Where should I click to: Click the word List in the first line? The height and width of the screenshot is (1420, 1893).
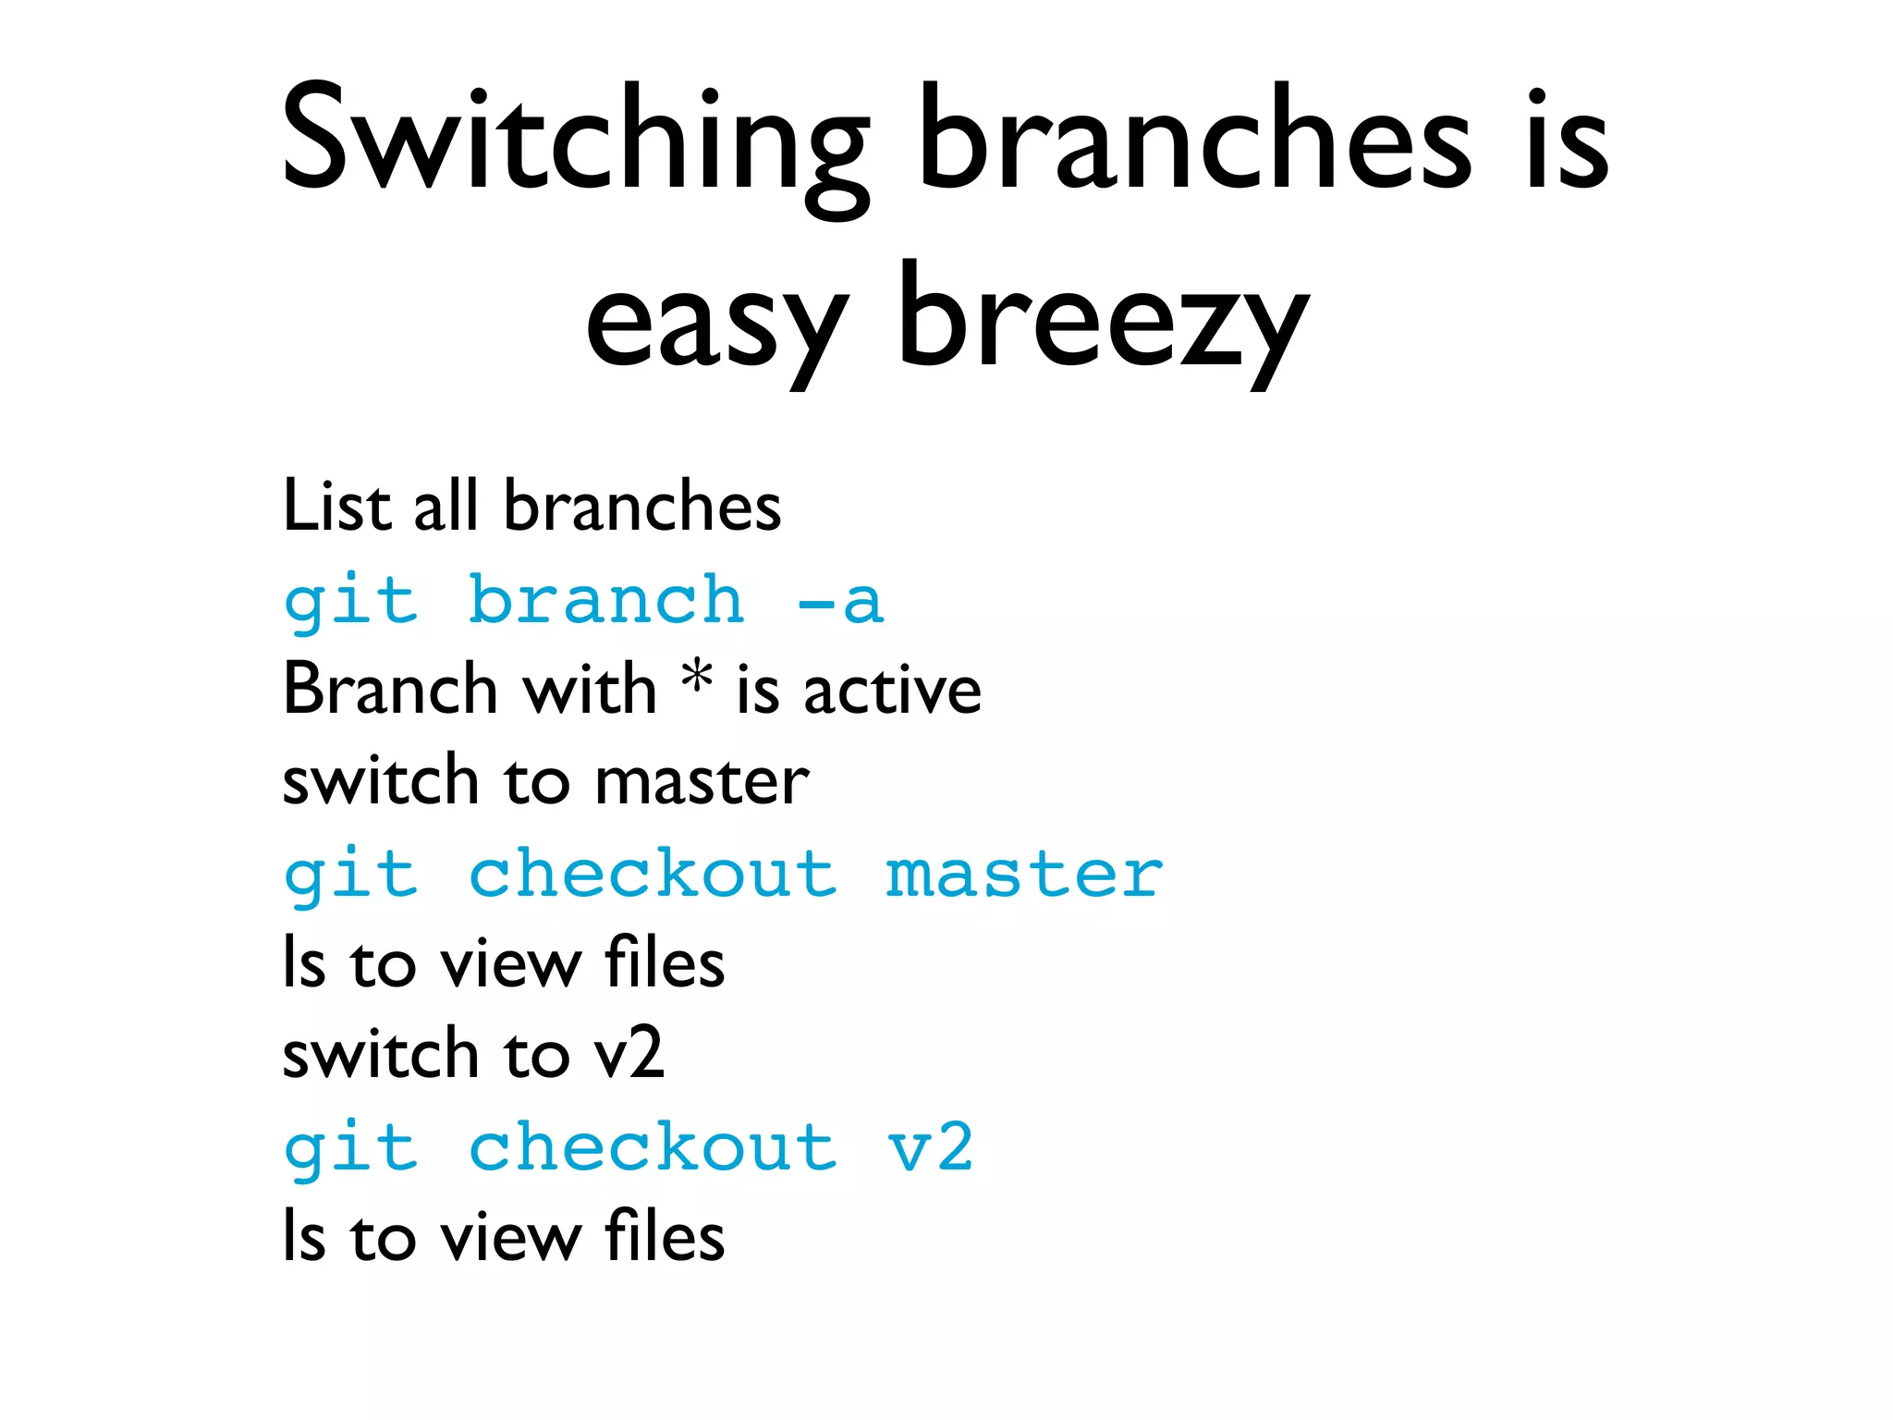point(337,506)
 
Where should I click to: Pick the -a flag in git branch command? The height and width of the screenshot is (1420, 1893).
point(841,602)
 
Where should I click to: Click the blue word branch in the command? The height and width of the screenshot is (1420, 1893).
point(605,600)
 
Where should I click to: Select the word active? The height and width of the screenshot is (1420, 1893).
point(892,691)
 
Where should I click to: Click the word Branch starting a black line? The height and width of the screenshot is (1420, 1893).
point(390,690)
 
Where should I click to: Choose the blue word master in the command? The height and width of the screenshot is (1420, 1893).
point(1024,875)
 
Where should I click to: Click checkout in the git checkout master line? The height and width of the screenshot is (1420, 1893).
point(653,874)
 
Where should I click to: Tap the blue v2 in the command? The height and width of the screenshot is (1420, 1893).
point(930,1147)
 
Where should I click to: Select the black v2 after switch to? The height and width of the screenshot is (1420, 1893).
point(629,1054)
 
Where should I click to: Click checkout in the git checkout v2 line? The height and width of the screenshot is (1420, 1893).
point(653,1147)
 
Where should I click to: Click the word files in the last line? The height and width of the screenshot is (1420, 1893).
point(664,1237)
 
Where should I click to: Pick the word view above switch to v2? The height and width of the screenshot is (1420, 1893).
point(510,964)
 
